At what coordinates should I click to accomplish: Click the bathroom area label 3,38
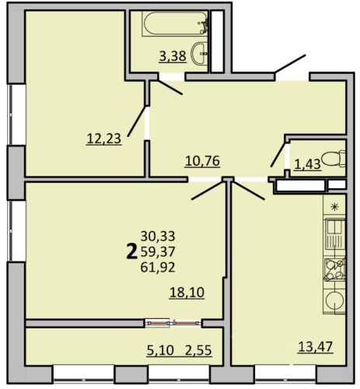click(x=173, y=56)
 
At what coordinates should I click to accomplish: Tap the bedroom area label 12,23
click(x=104, y=138)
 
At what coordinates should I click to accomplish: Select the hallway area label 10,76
click(x=202, y=161)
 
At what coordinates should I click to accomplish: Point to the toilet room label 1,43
click(x=308, y=164)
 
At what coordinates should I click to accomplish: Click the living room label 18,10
click(x=187, y=293)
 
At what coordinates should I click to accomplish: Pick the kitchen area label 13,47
click(x=315, y=346)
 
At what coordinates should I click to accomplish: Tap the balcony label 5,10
click(x=160, y=351)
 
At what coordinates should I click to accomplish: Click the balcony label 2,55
click(x=198, y=351)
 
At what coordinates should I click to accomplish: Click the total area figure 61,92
click(x=158, y=268)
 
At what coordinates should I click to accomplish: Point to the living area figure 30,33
click(x=158, y=237)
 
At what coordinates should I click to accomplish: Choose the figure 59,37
click(x=158, y=252)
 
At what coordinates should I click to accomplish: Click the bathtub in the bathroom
click(x=175, y=23)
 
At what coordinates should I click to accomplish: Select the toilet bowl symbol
click(x=334, y=159)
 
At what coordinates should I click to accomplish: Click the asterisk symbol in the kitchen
click(x=334, y=207)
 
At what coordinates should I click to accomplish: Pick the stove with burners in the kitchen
click(x=334, y=270)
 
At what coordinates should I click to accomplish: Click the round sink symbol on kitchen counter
click(x=334, y=300)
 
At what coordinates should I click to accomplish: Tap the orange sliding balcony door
click(x=173, y=323)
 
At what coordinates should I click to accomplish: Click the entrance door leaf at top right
click(x=291, y=64)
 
